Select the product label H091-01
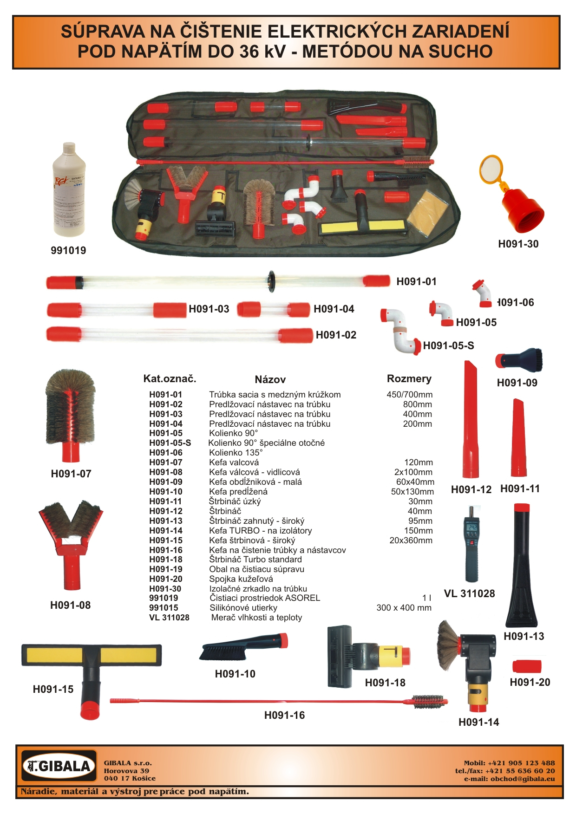click(416, 281)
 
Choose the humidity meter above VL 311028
click(471, 543)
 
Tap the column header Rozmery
click(409, 378)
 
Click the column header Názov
click(270, 379)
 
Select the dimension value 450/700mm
click(409, 395)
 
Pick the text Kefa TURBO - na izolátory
click(260, 530)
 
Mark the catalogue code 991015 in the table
click(164, 608)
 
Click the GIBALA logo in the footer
click(59, 766)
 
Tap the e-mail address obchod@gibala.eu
click(523, 779)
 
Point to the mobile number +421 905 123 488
click(521, 762)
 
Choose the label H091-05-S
click(448, 345)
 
